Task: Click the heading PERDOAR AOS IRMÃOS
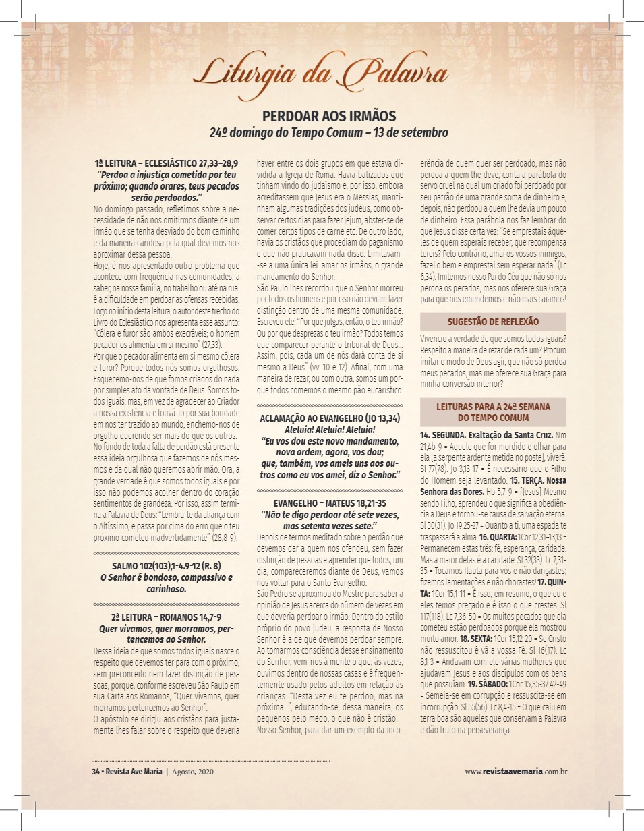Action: [328, 115]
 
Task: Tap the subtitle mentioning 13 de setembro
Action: [328, 132]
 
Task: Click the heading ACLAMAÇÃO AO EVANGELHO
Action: [330, 418]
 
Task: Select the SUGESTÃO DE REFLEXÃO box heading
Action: [493, 322]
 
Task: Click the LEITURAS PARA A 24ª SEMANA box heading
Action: [493, 412]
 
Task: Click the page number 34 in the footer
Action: [96, 771]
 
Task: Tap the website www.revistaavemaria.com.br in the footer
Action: [515, 771]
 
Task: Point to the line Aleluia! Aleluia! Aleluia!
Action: [330, 429]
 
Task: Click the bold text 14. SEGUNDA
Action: [443, 435]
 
